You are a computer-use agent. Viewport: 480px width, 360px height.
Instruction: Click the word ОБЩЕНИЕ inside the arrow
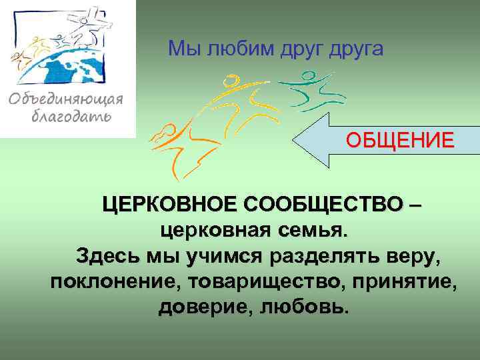click(399, 141)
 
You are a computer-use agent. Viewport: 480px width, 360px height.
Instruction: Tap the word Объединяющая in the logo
click(67, 101)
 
